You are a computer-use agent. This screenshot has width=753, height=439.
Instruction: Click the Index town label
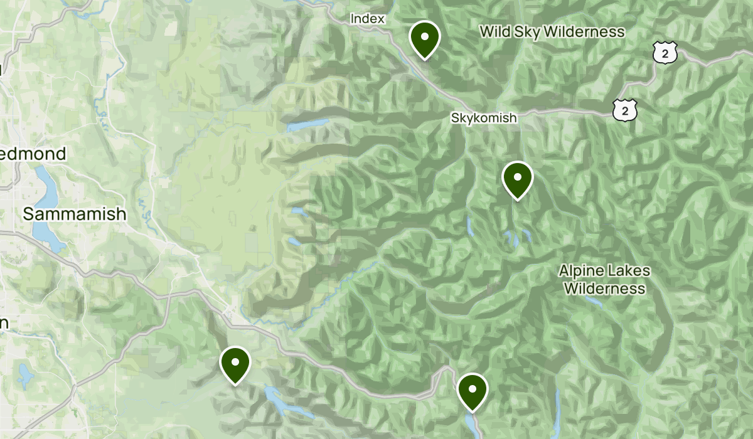(x=367, y=19)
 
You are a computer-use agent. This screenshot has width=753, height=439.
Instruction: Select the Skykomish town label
(x=484, y=118)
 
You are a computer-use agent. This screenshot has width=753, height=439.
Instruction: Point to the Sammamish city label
(x=75, y=214)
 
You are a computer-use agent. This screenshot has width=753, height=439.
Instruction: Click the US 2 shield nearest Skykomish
(x=625, y=110)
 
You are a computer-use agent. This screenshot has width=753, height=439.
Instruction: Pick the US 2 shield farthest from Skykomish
(x=665, y=53)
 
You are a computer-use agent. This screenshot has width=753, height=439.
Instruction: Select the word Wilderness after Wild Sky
(x=585, y=32)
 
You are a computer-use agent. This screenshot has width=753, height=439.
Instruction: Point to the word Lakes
(x=629, y=272)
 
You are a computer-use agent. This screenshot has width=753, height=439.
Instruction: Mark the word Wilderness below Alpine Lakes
(x=604, y=288)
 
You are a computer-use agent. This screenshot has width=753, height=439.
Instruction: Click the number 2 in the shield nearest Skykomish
(x=625, y=111)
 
